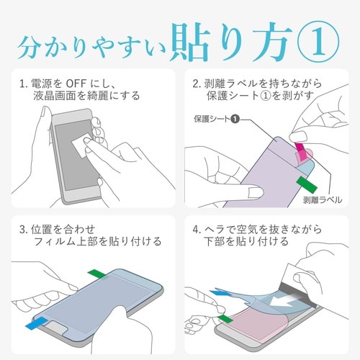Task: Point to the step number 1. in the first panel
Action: (24, 84)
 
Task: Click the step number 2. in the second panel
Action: (198, 84)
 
